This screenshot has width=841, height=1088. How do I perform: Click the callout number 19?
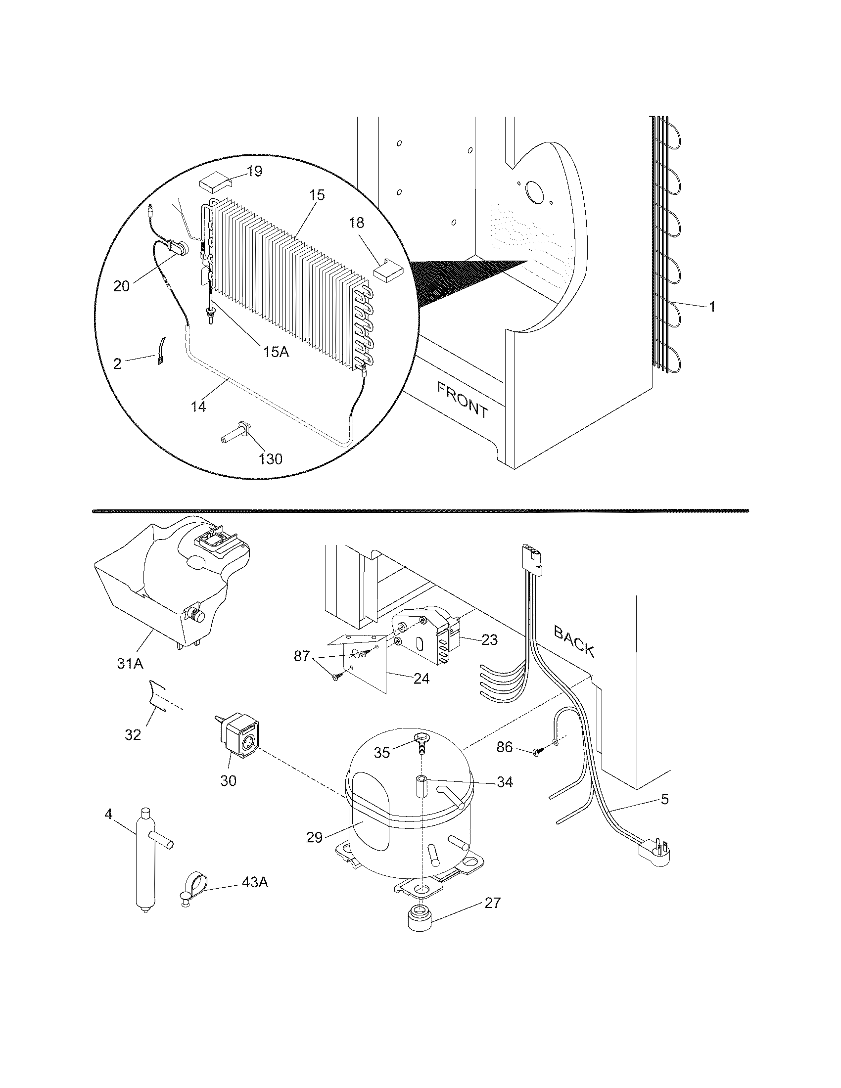coord(254,172)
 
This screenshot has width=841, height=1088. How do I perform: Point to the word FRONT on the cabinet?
coord(463,399)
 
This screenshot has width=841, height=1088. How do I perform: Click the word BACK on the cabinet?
coord(574,642)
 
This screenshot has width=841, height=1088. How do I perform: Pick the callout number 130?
coord(271,458)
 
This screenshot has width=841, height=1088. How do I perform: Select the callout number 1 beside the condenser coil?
coord(712,307)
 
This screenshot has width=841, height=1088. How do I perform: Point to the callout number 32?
coord(133,734)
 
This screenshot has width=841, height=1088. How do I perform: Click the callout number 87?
coord(302,656)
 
